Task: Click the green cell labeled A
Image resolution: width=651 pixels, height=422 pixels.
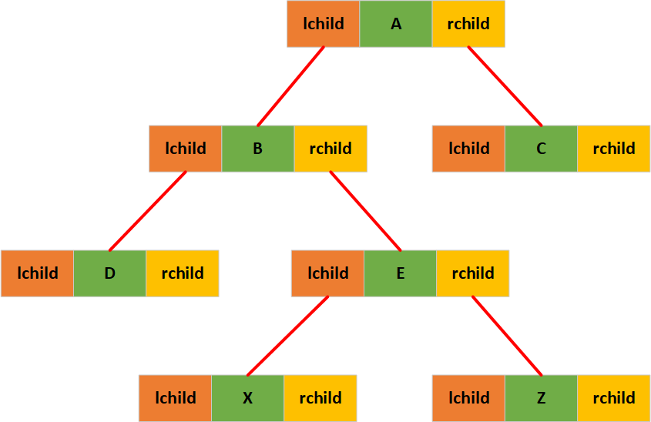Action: (396, 24)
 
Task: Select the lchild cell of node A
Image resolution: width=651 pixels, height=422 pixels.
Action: (324, 24)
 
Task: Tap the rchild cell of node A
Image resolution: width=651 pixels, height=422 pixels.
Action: (468, 24)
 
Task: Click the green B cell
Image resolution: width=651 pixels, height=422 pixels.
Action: (258, 149)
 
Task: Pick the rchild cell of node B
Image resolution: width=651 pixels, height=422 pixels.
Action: (331, 149)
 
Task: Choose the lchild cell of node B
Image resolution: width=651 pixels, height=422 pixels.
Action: (186, 149)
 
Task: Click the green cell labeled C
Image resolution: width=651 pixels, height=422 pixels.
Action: (541, 149)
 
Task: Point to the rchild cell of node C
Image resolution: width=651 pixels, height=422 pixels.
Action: (614, 149)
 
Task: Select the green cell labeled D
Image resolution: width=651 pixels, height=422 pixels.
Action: (109, 273)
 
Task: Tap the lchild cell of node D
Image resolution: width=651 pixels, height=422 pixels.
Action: (37, 273)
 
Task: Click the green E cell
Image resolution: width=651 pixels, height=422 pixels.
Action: (401, 273)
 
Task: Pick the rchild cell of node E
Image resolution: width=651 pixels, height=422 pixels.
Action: (473, 273)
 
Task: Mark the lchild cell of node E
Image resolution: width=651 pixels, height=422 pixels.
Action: (328, 273)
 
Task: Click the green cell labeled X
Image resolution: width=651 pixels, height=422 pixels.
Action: (248, 398)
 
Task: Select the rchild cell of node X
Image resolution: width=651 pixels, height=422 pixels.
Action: (320, 398)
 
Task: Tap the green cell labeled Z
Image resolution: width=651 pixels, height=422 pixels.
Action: (541, 398)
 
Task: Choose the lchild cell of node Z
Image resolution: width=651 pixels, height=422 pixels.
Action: (468, 398)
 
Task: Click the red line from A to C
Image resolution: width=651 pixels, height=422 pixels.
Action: (505, 86)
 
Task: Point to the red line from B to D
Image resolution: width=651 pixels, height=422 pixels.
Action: (148, 210)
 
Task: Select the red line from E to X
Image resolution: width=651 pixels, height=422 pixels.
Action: (288, 335)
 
